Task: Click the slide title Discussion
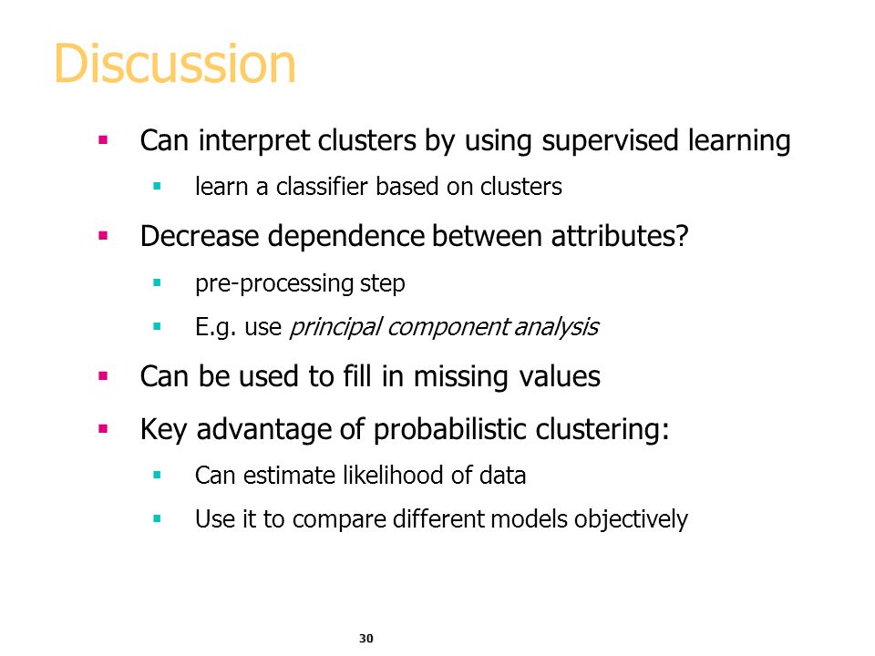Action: click(175, 64)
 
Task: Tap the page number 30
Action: click(366, 638)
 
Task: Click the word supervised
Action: click(610, 140)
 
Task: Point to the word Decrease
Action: click(200, 236)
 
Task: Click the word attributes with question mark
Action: click(620, 236)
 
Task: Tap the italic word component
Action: click(448, 327)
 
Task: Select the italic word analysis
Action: click(556, 327)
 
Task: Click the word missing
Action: click(461, 377)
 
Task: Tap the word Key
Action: click(163, 430)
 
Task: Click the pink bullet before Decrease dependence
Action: click(103, 235)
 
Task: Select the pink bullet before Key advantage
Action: click(103, 429)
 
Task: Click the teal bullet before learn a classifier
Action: click(157, 186)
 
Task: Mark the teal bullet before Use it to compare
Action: click(157, 518)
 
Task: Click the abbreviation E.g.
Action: click(215, 327)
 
